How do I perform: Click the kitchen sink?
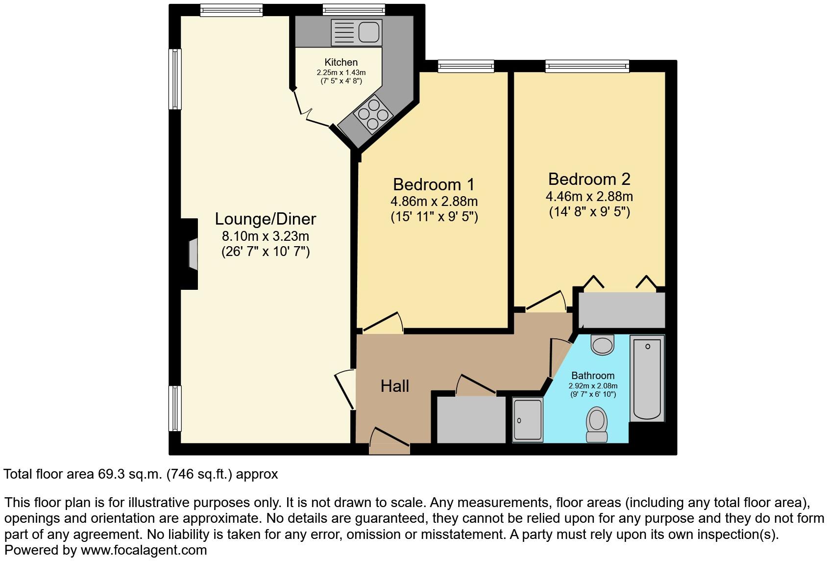coord(357,33)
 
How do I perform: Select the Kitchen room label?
coord(341,62)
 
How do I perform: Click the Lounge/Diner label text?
coord(266,219)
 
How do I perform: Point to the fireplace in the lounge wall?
coord(193,254)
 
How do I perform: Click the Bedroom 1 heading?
coord(434,184)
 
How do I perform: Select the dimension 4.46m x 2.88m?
coord(589,197)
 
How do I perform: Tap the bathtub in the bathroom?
coord(647,378)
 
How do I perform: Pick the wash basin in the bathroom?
coord(603,344)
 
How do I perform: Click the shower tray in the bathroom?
coord(528,420)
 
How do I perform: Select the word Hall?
coord(394,386)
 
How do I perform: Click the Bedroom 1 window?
coord(465,66)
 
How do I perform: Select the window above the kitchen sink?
coord(354,10)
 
